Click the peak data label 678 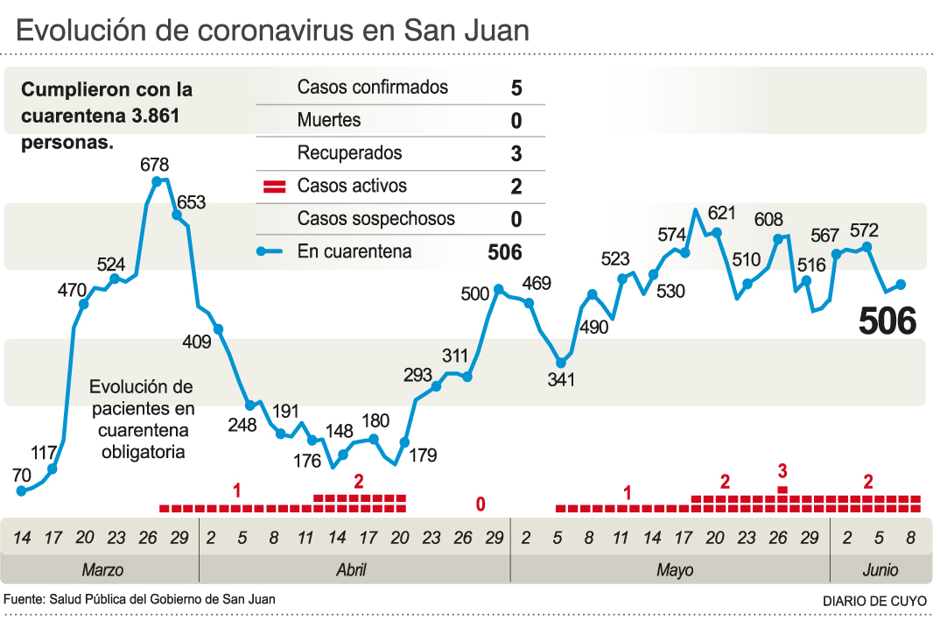tap(154, 165)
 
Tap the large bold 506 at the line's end tap(887, 322)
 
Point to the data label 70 tap(22, 476)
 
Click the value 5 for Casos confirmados tap(516, 88)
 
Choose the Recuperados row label tap(349, 153)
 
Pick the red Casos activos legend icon tap(275, 187)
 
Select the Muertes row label tap(328, 120)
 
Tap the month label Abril tap(351, 570)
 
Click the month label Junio tap(880, 570)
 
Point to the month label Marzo tap(102, 570)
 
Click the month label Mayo tap(674, 570)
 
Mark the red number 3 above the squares tap(782, 471)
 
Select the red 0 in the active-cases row tap(481, 505)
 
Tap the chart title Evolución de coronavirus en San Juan tap(273, 31)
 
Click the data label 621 tap(722, 213)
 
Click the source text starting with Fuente tap(140, 600)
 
